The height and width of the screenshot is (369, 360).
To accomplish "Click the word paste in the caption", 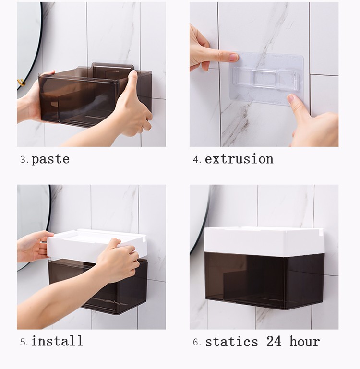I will pos(50,159).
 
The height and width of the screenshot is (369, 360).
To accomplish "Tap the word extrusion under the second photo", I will pos(239,159).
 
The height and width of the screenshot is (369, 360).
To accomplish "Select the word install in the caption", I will pos(57,341).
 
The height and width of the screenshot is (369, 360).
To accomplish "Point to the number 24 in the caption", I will pos(274,342).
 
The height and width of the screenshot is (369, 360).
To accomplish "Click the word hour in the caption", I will pos(304,342).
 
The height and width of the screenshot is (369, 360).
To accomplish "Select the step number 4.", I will pos(196,160).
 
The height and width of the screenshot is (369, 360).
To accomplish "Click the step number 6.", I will pos(196,342).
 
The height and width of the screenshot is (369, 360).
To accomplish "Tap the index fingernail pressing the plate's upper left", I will pos(233,57).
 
